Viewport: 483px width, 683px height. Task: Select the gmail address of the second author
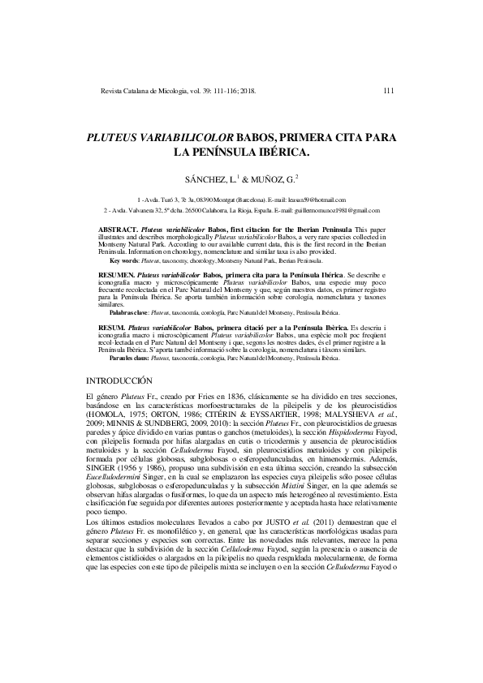click(341, 210)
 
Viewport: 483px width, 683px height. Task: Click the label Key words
click(124, 260)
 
